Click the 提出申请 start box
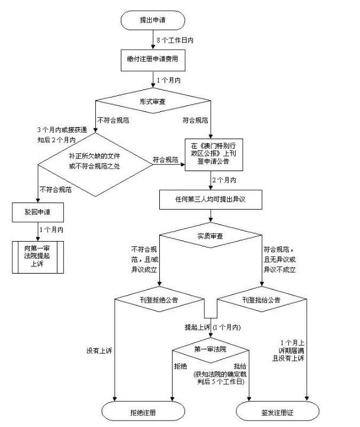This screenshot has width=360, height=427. coord(152,20)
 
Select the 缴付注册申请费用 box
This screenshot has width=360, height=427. coord(152,59)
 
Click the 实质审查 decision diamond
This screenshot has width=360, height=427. coord(211,237)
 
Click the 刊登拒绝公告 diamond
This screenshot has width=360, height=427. coord(156,300)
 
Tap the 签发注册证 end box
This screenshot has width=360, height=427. coord(278,410)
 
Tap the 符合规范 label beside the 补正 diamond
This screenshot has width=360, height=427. coord(165,160)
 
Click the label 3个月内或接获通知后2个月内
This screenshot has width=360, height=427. coord(56,135)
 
